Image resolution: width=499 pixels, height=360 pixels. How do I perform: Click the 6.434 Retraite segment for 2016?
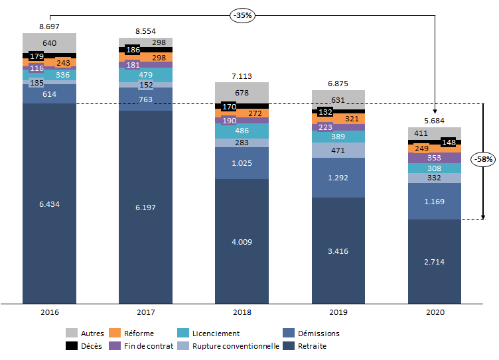pyautogui.click(x=49, y=204)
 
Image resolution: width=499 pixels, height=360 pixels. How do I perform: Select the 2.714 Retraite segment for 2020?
pyautogui.click(x=434, y=262)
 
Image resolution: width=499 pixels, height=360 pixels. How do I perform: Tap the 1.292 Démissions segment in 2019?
pyautogui.click(x=338, y=178)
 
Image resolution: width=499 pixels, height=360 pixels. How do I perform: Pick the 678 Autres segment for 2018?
pyautogui.click(x=242, y=92)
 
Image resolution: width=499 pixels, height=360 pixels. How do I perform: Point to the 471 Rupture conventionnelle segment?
pyautogui.click(x=338, y=150)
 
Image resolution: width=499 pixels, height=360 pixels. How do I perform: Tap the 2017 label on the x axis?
pyautogui.click(x=145, y=312)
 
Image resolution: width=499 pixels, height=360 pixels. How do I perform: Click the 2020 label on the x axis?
pyautogui.click(x=434, y=312)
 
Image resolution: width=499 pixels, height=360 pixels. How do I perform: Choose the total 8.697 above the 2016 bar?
pyautogui.click(x=49, y=26)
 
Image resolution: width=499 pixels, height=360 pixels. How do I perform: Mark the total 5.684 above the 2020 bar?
pyautogui.click(x=434, y=121)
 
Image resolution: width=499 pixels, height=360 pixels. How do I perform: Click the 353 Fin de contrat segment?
pyautogui.click(x=434, y=158)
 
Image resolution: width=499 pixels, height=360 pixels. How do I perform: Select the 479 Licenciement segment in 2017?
pyautogui.click(x=145, y=75)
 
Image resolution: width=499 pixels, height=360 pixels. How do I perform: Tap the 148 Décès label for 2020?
pyautogui.click(x=449, y=143)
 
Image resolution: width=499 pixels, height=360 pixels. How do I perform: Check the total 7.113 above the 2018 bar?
pyautogui.click(x=242, y=76)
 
